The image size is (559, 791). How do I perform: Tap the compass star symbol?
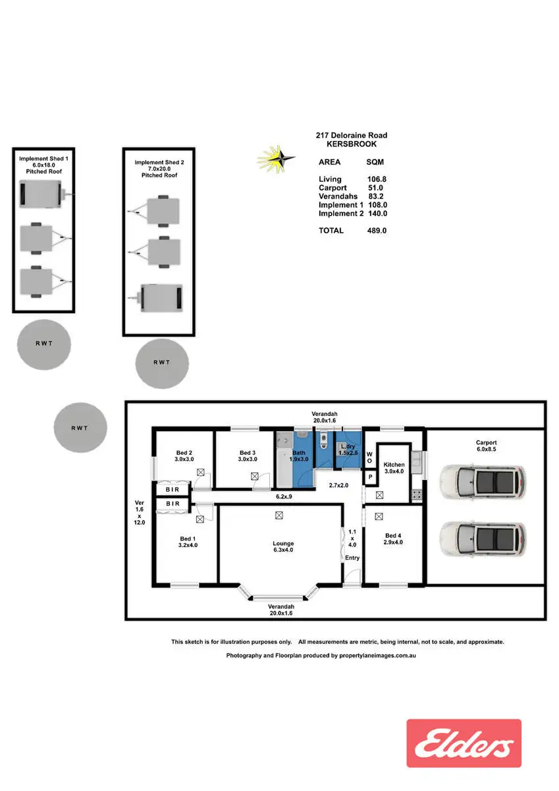(x=276, y=160)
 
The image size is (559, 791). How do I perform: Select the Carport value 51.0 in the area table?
(x=375, y=188)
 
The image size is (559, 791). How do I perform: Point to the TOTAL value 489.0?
(x=377, y=231)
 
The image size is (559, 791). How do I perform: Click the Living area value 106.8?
(x=377, y=179)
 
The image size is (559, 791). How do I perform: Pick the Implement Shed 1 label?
(x=43, y=165)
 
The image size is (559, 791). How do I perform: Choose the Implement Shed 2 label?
(x=159, y=169)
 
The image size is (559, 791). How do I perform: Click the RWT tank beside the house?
(x=80, y=428)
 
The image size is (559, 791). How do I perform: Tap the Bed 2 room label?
(x=184, y=456)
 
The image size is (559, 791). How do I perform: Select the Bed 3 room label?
(x=247, y=456)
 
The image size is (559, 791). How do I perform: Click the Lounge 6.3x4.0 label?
(x=283, y=546)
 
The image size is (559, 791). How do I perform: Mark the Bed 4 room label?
(x=393, y=539)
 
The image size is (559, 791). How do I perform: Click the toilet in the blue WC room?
(x=323, y=440)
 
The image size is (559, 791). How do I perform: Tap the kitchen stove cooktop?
(x=416, y=494)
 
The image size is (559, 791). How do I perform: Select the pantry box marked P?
(x=370, y=477)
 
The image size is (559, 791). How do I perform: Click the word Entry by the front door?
(x=352, y=558)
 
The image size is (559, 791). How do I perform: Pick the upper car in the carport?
(x=483, y=482)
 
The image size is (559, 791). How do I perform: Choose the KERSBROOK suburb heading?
(x=352, y=144)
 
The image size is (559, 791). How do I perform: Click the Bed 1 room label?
(x=188, y=542)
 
